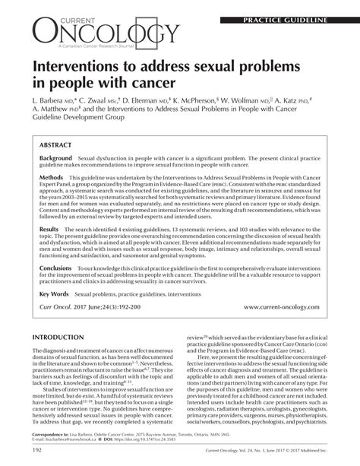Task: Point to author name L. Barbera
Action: tap(52, 100)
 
